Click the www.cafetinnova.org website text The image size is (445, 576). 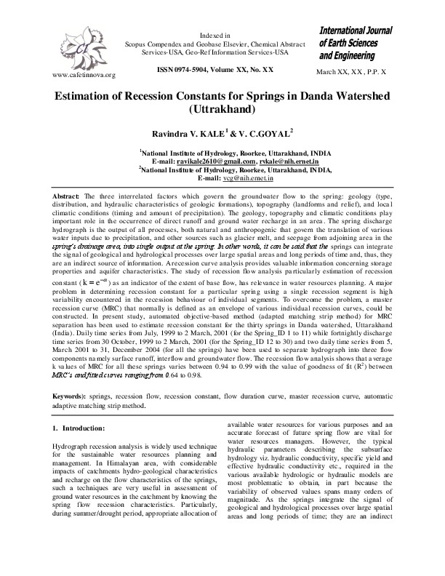click(80, 75)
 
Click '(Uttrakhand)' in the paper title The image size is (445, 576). click(222, 111)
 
